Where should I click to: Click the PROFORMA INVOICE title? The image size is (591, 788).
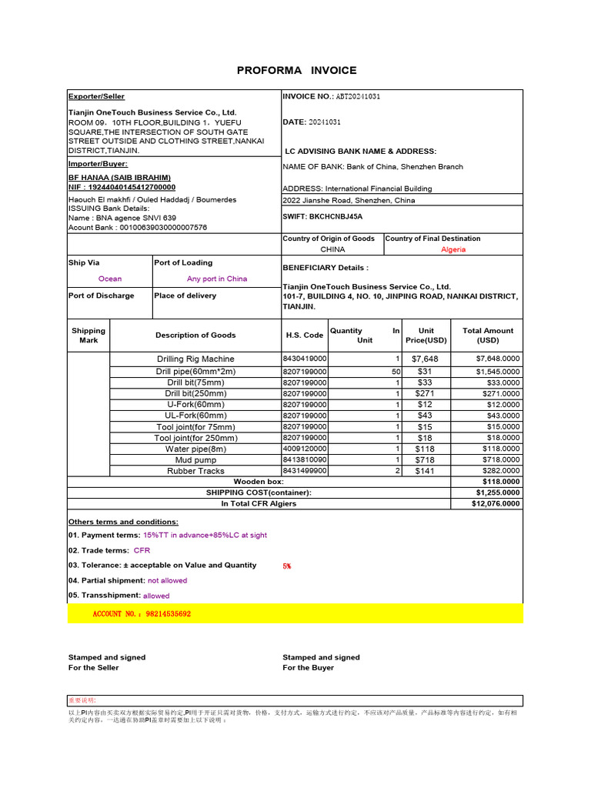pos(296,70)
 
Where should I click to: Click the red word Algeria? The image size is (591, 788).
pos(453,250)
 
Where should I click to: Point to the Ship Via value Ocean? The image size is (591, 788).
pos(110,279)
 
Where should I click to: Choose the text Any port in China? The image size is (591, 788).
pos(217,279)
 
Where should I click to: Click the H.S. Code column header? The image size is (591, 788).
pos(304,336)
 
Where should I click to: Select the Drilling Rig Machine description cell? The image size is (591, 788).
pos(195,359)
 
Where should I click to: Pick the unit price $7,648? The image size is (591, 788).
pos(425,359)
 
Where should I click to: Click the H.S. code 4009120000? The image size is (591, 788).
pos(305,449)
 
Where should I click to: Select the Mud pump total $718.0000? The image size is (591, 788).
pos(497,460)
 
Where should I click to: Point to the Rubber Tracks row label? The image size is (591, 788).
pos(195,471)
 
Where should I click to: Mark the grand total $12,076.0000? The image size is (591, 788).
pos(495,504)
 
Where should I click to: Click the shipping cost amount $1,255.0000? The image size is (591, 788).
pos(497,492)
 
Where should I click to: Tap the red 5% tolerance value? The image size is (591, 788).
pos(287,566)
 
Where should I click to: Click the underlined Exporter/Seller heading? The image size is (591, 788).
pos(96,97)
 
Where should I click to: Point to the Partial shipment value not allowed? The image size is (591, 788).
pos(167,581)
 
